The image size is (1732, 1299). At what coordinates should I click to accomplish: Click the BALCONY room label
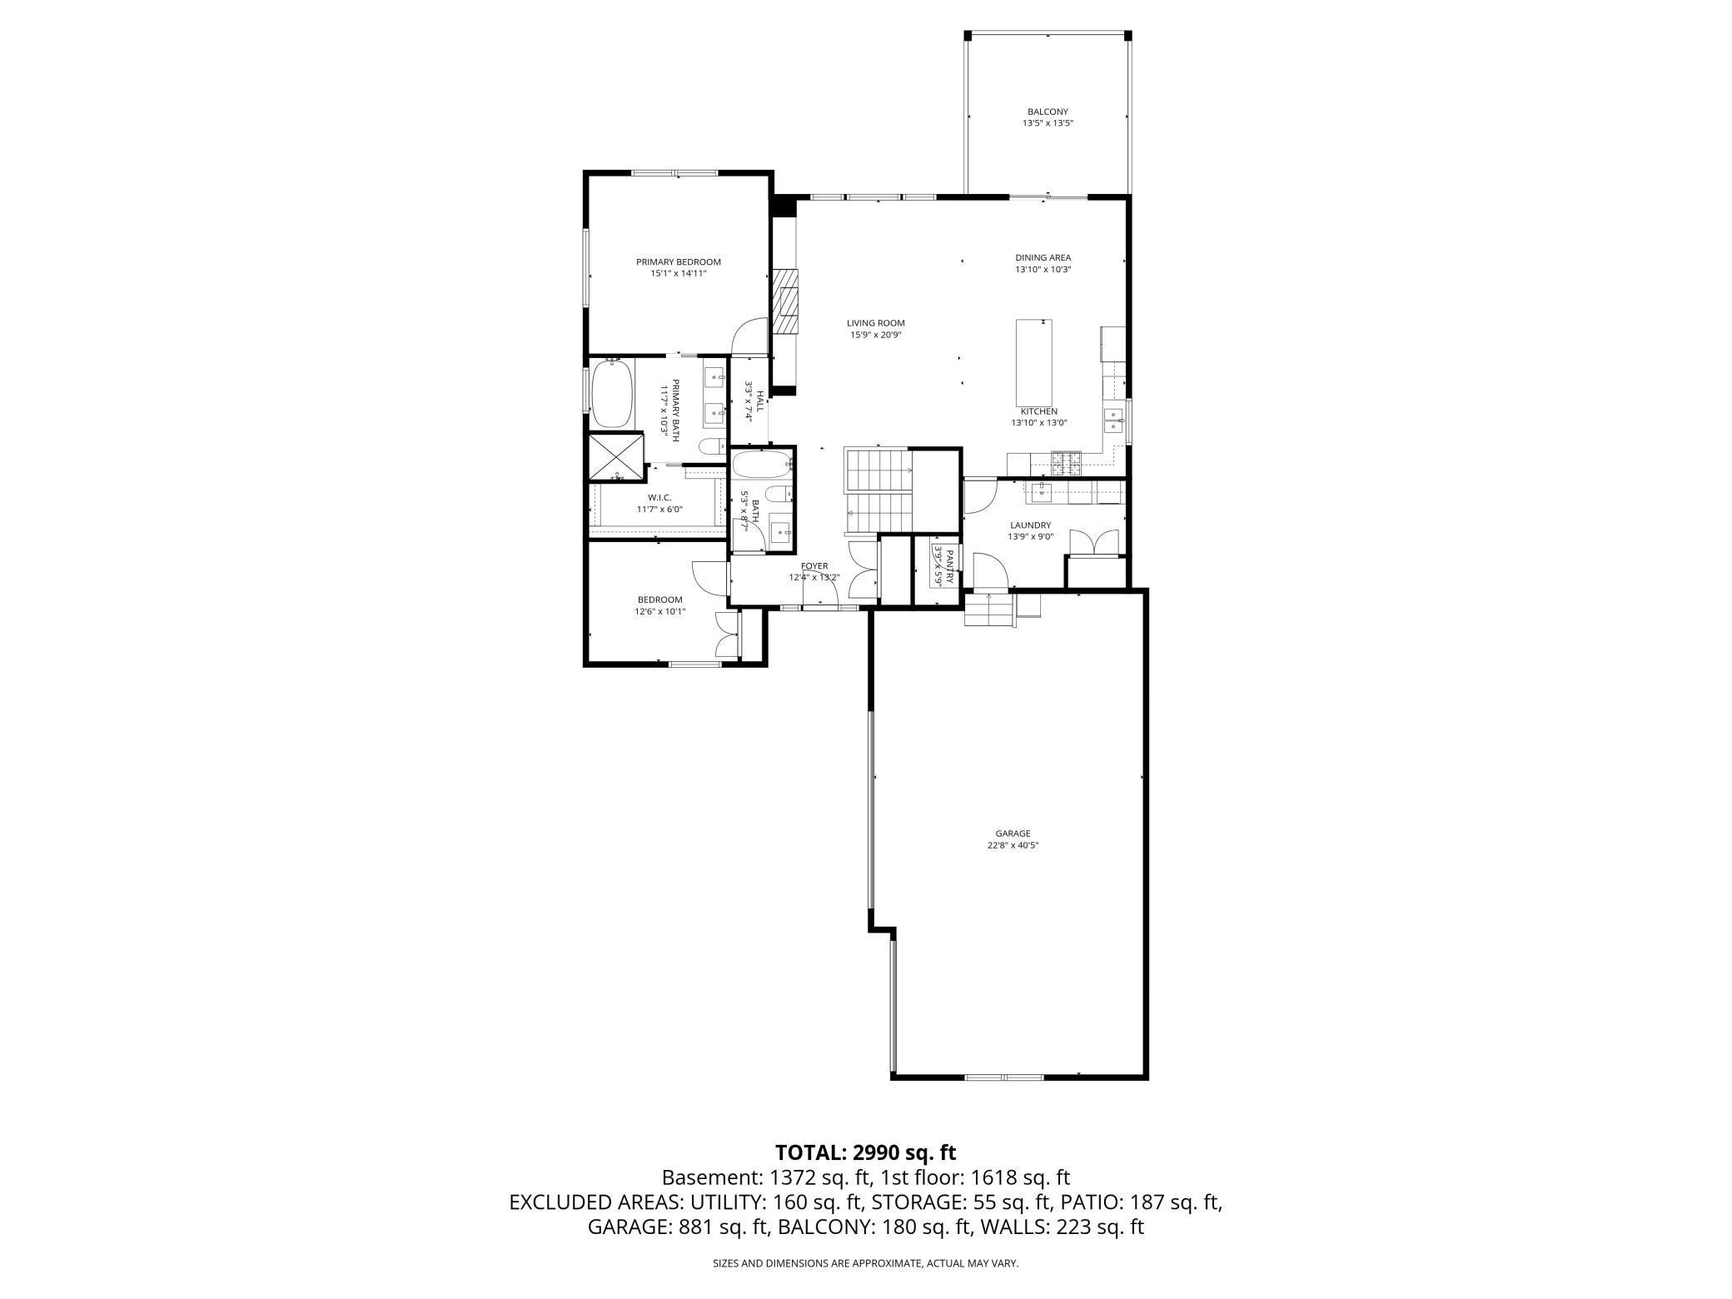(x=1048, y=112)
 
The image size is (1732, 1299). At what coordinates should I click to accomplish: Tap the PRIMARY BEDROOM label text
(x=679, y=261)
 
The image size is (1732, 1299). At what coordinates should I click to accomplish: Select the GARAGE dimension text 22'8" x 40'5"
(x=1013, y=845)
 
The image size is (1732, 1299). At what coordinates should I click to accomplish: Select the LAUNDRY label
(x=1030, y=525)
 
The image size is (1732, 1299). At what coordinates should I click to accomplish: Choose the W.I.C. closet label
(x=659, y=497)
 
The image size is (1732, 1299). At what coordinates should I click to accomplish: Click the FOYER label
(x=814, y=566)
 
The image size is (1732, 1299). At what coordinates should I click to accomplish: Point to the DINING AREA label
(x=1043, y=257)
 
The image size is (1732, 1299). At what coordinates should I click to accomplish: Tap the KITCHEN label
(x=1038, y=411)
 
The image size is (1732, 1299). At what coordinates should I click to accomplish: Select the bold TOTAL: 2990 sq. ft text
(x=865, y=1152)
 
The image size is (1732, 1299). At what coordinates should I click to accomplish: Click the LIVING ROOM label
(x=875, y=323)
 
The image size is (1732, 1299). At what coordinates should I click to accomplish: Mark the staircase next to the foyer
(x=878, y=491)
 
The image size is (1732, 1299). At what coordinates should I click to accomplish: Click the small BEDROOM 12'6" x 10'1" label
(x=659, y=600)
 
